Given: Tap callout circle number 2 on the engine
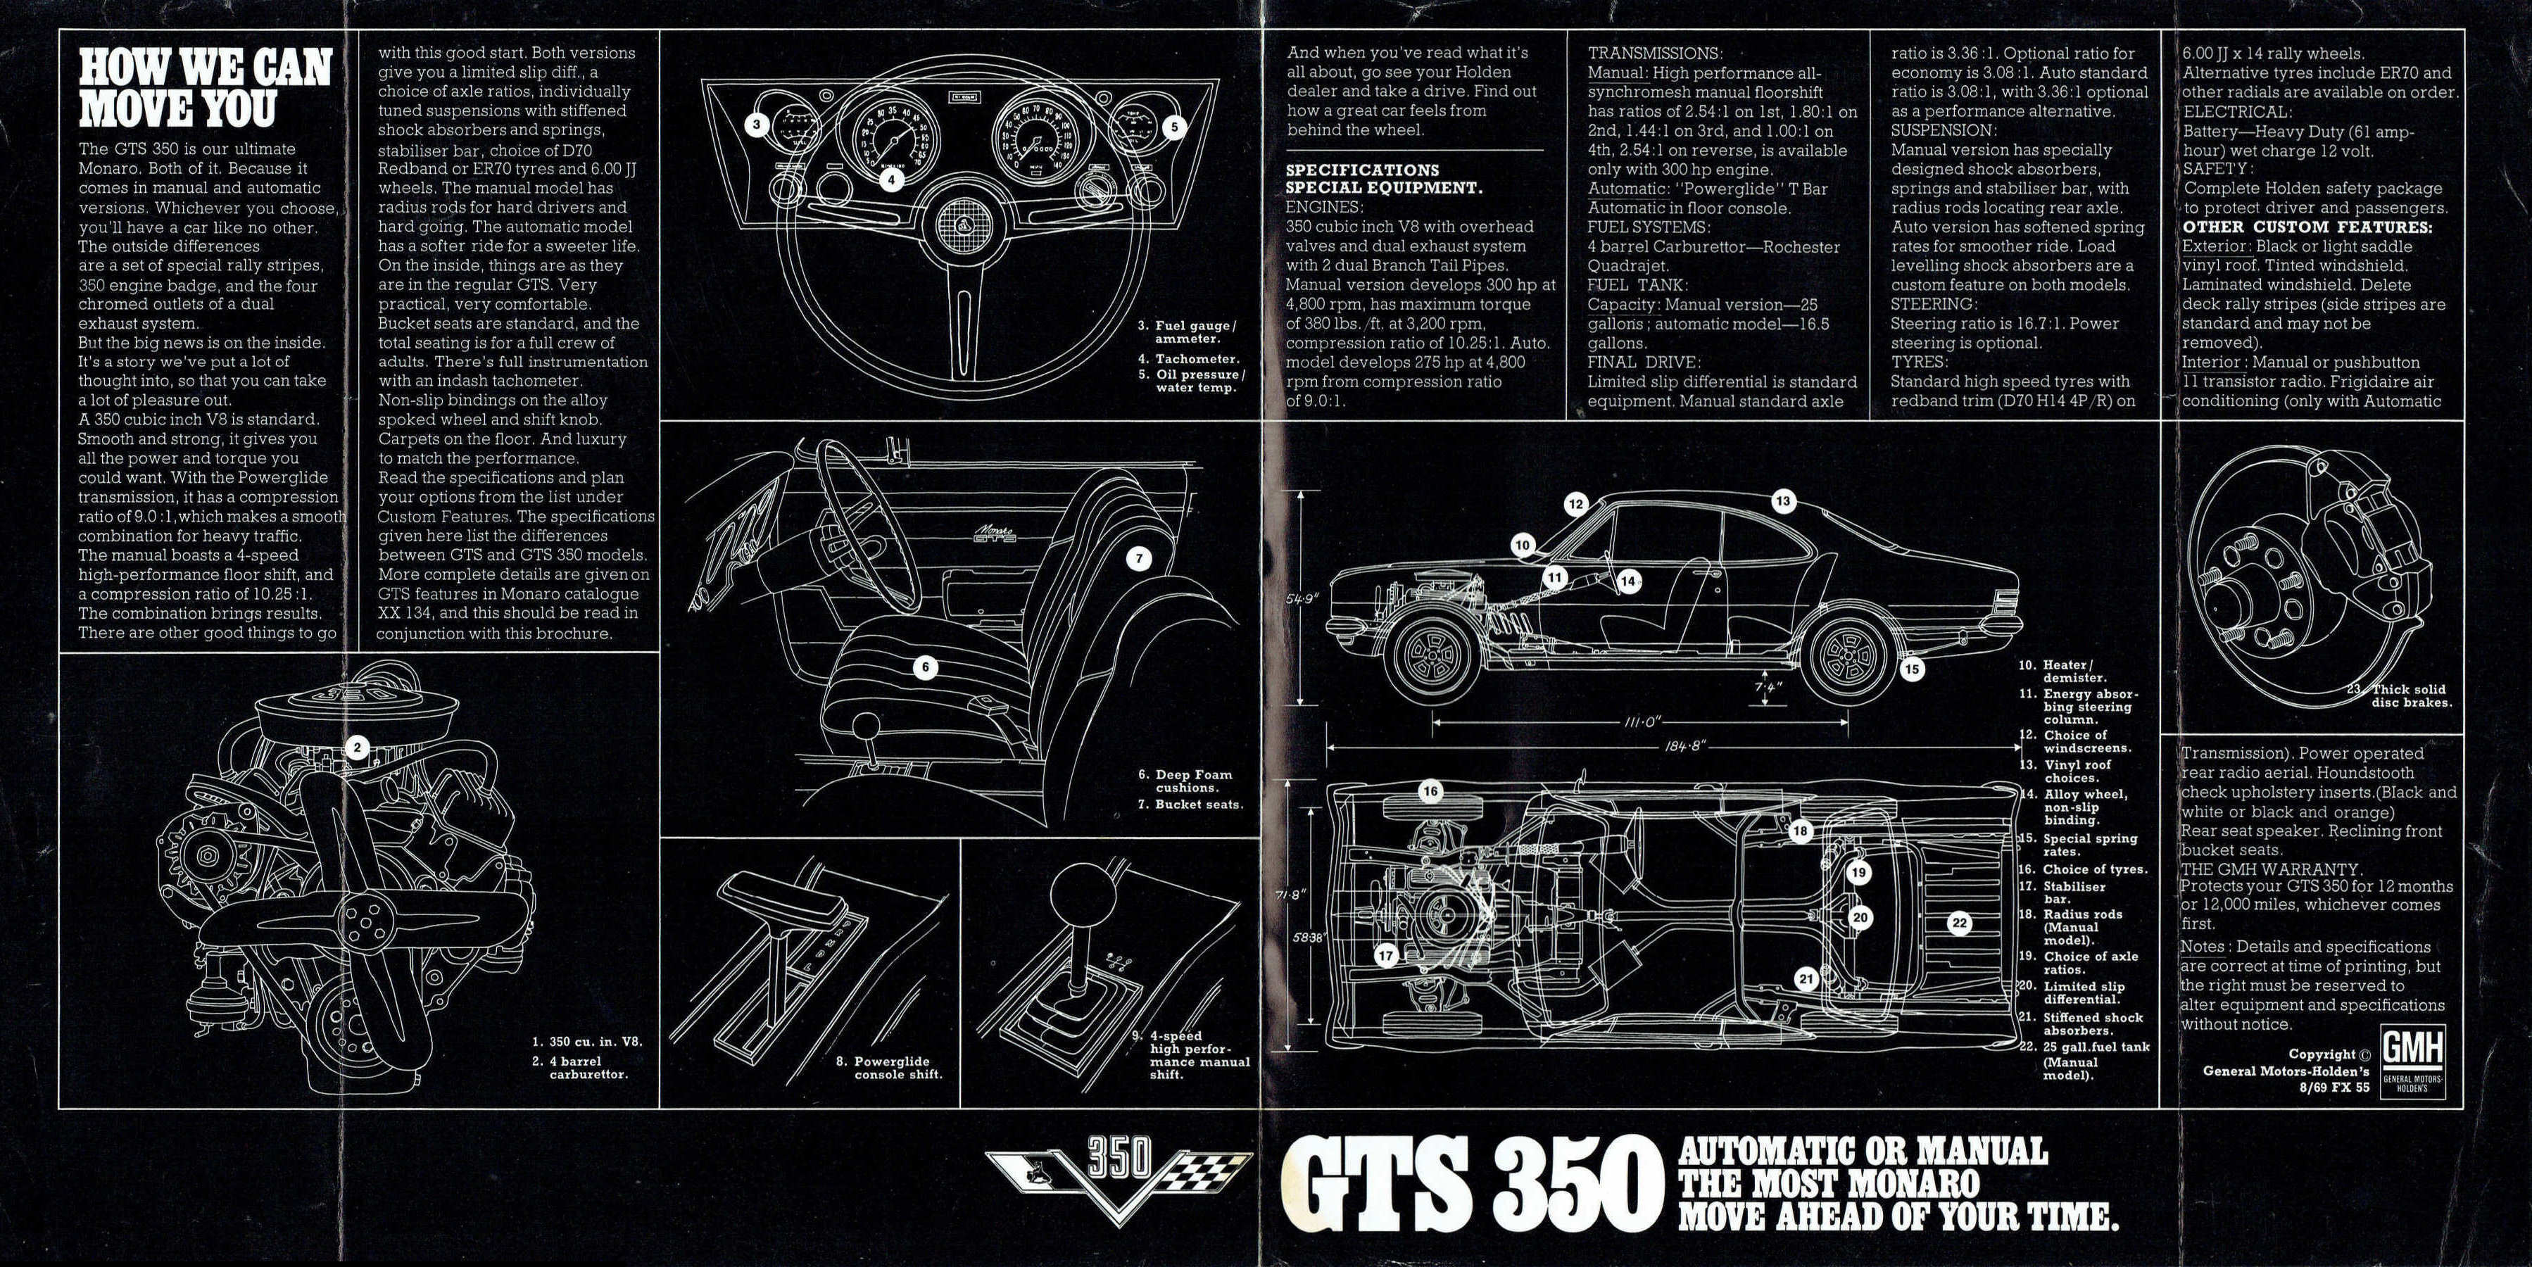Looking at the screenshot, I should coord(357,748).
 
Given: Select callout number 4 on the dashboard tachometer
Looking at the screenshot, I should coord(890,180).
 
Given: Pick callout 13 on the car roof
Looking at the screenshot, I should coord(1782,501).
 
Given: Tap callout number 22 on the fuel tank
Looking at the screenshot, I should coord(1959,923).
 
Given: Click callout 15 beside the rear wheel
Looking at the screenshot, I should coord(1912,669).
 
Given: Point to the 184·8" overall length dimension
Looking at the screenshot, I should coord(1676,746).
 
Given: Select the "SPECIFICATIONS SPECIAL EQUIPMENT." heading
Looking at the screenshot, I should coord(1383,178).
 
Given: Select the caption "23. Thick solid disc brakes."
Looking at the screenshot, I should coord(2402,696).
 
